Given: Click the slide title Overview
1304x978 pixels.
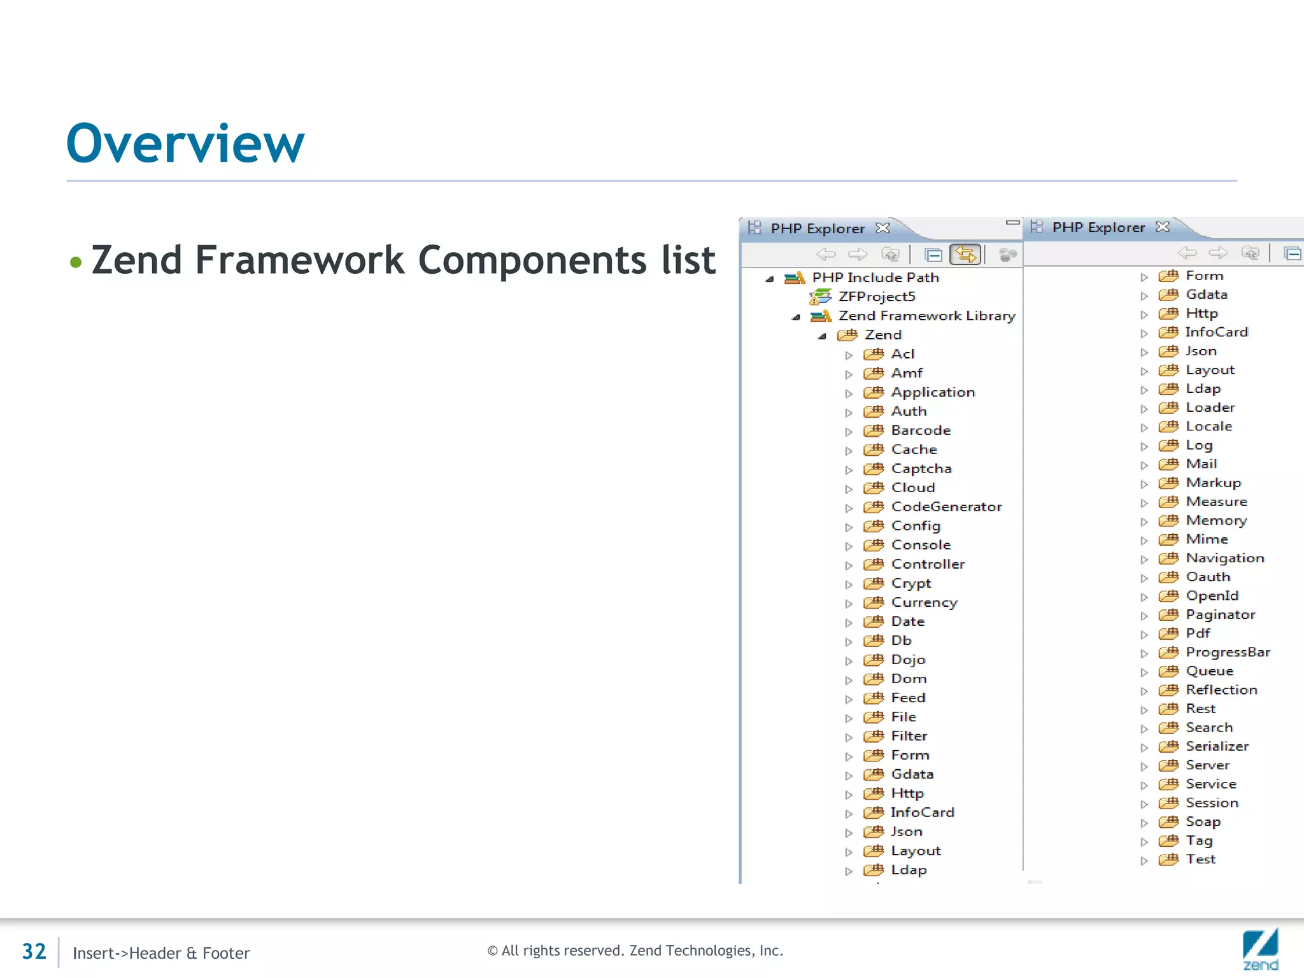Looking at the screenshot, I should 185,144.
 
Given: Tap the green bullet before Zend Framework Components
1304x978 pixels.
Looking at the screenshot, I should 76,262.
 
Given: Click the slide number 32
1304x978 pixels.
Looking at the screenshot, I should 34,951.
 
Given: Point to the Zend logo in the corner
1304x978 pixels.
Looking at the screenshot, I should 1260,949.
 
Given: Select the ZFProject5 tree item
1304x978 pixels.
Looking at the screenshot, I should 876,297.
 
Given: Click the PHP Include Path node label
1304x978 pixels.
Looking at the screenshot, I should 875,278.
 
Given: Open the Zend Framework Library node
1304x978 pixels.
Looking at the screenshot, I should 926,316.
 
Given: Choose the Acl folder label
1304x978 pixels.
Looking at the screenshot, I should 902,354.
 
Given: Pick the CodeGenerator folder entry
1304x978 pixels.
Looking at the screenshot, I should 946,507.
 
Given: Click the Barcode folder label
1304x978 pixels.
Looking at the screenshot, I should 921,430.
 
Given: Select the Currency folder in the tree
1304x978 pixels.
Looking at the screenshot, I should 924,602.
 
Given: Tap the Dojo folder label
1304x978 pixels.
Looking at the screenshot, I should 908,660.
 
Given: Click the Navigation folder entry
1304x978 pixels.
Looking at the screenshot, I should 1224,558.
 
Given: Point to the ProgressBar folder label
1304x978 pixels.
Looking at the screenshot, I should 1228,652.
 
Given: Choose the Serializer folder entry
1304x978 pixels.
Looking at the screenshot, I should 1217,746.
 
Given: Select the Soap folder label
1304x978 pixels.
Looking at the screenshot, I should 1203,821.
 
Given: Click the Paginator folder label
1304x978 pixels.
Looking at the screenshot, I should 1220,614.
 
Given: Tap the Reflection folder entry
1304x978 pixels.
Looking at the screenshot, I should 1221,690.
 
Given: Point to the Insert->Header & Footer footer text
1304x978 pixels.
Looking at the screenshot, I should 161,953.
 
